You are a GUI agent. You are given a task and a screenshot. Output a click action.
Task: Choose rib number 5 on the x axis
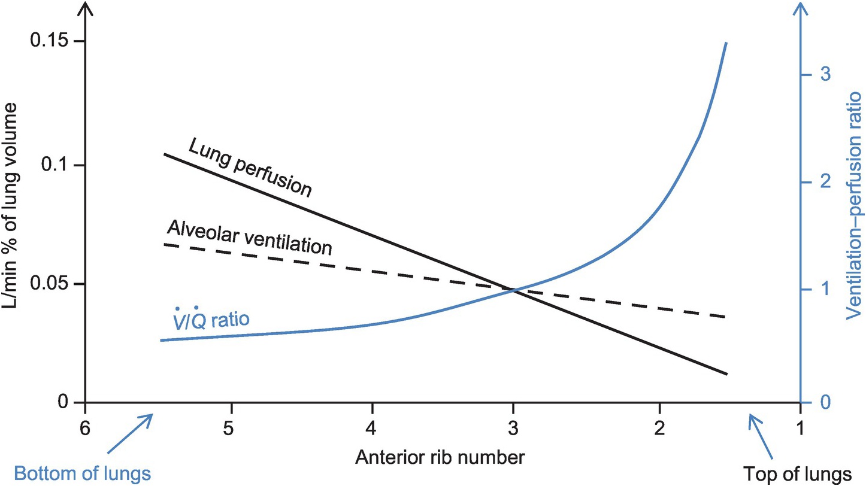[228, 428]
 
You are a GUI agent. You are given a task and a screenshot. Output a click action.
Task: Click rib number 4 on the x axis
[371, 428]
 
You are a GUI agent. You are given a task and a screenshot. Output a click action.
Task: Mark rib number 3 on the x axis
[513, 428]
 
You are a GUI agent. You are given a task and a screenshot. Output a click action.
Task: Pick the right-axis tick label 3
[824, 75]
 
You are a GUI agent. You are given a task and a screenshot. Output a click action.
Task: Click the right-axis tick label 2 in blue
[824, 181]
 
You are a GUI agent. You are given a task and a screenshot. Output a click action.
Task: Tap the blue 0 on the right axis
[824, 402]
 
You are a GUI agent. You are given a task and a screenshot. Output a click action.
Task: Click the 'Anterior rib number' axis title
[440, 458]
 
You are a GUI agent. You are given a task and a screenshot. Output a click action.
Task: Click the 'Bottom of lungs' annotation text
[82, 473]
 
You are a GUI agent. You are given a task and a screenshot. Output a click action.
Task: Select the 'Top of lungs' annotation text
[797, 472]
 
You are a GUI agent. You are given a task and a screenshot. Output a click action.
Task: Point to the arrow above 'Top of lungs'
[760, 436]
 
